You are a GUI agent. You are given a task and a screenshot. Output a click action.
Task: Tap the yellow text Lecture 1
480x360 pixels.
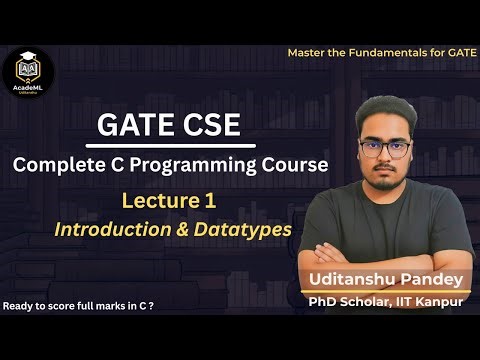click(x=168, y=200)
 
